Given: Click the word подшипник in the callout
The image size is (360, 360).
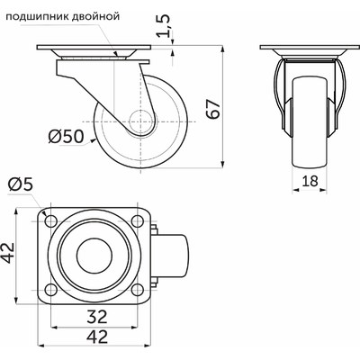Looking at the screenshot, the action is tap(38, 16).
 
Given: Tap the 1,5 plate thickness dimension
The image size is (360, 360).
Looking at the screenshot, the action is tap(164, 25).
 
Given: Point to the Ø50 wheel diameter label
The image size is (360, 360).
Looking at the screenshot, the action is tap(66, 137).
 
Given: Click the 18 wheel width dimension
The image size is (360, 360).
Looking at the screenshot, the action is tap(310, 181).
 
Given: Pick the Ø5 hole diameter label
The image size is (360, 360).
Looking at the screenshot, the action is tap(20, 184).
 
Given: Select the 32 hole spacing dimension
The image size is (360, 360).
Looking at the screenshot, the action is tap(97, 317).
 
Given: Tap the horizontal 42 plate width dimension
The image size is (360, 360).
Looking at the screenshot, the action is tap(97, 337).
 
